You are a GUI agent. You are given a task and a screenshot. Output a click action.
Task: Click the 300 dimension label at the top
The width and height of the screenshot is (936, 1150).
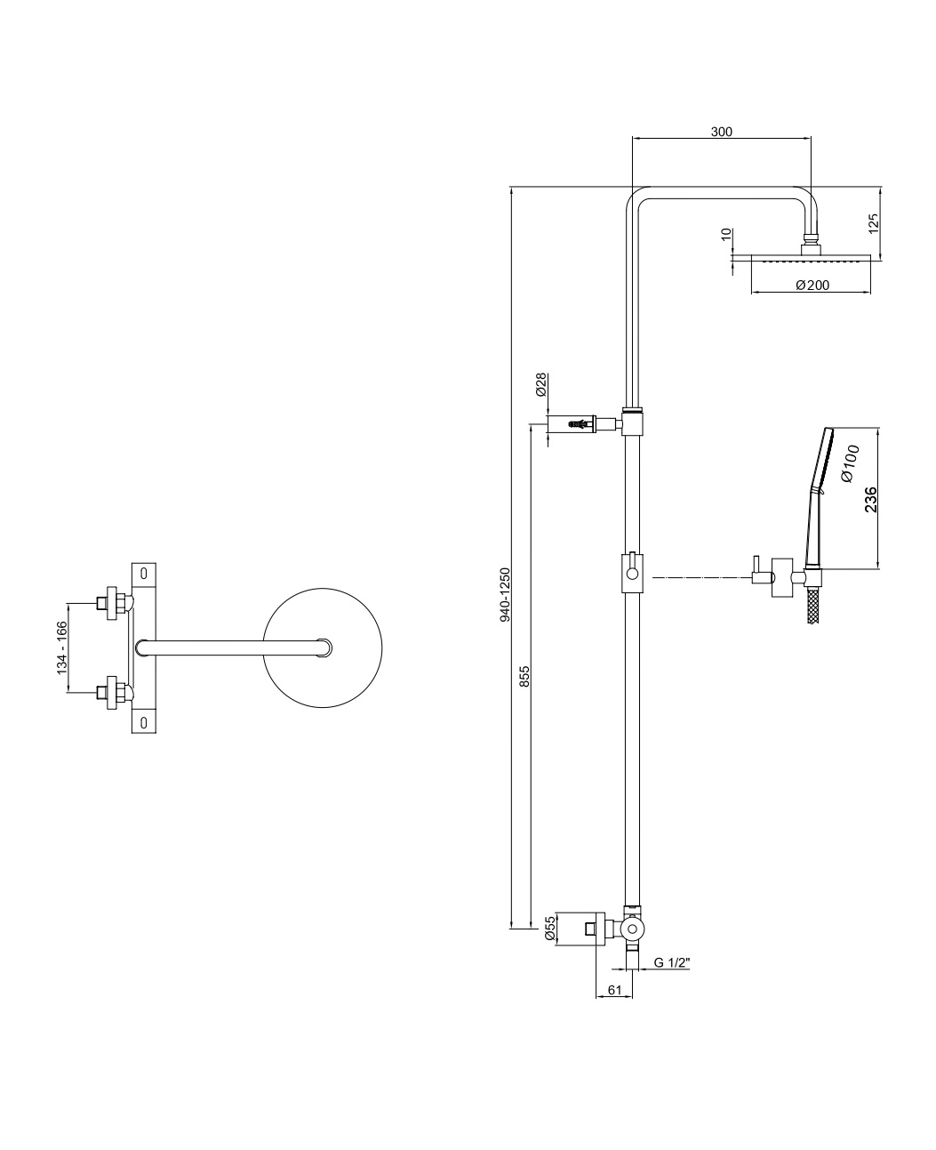click(x=721, y=132)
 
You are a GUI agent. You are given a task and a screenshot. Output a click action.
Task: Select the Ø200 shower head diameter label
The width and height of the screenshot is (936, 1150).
click(x=812, y=285)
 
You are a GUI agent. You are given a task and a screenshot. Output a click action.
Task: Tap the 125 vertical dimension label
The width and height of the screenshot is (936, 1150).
click(x=874, y=223)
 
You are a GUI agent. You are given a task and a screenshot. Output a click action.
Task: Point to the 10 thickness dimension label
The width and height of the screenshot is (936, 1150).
click(x=727, y=234)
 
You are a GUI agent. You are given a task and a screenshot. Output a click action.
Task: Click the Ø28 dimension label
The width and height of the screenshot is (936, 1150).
click(x=541, y=384)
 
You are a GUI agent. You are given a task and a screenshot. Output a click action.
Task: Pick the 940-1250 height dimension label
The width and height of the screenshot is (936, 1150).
click(x=505, y=594)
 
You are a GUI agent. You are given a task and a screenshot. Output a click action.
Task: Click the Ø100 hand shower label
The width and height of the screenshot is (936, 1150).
click(x=850, y=463)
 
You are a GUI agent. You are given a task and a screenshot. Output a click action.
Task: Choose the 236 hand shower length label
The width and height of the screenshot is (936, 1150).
click(x=871, y=500)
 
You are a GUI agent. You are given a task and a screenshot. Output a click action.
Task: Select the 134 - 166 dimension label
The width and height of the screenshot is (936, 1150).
click(x=62, y=647)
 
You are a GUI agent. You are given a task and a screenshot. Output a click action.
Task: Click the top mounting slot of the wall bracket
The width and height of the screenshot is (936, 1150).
click(x=144, y=573)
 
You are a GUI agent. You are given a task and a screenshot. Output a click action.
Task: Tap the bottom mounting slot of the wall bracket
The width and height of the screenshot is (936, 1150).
click(x=144, y=722)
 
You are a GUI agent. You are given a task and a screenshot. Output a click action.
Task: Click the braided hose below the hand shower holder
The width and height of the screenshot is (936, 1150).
click(x=813, y=605)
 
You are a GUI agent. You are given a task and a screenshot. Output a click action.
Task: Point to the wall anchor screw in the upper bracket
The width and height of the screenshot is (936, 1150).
click(x=580, y=424)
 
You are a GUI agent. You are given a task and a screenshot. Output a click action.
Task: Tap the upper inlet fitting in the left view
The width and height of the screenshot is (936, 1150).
click(x=113, y=603)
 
